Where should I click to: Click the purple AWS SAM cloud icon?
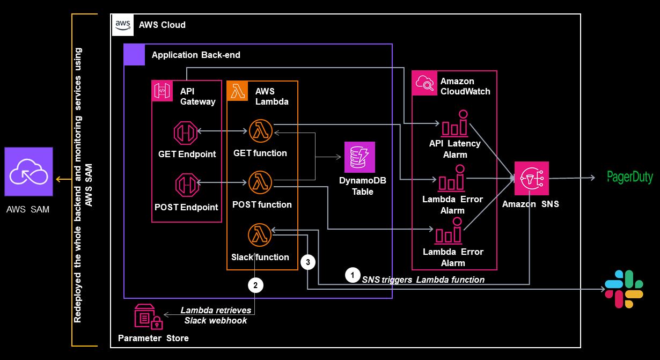[x=29, y=172]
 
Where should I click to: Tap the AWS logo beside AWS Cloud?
[x=122, y=25]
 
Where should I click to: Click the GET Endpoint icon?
[x=186, y=131]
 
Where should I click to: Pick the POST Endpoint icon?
[x=186, y=184]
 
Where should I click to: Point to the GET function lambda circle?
[x=260, y=131]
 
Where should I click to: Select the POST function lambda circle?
[x=260, y=183]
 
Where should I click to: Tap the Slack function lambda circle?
[x=260, y=235]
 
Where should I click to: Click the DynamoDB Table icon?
[x=360, y=157]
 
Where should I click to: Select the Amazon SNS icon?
[x=531, y=178]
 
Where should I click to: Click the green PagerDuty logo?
[x=629, y=177]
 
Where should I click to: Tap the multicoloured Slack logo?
[x=624, y=289]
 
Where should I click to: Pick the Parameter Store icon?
[x=148, y=318]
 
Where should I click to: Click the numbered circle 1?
[x=352, y=275]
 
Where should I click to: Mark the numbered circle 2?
[x=255, y=285]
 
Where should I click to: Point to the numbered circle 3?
[x=307, y=262]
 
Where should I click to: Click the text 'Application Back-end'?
[x=196, y=55]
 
